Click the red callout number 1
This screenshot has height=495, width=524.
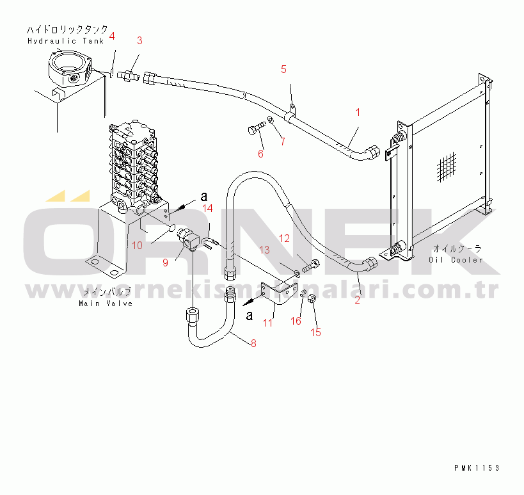pyautogui.click(x=358, y=113)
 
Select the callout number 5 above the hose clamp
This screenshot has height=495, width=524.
pyautogui.click(x=284, y=69)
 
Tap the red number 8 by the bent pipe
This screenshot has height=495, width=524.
pyautogui.click(x=253, y=343)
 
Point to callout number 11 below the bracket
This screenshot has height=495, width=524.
pyautogui.click(x=267, y=323)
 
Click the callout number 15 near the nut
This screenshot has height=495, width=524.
pyautogui.click(x=315, y=332)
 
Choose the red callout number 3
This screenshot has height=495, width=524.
pyautogui.click(x=139, y=40)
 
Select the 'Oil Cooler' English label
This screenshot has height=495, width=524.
pyautogui.click(x=456, y=259)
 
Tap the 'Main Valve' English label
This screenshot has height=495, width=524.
pyautogui.click(x=106, y=303)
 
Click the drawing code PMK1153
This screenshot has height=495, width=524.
pyautogui.click(x=476, y=468)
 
